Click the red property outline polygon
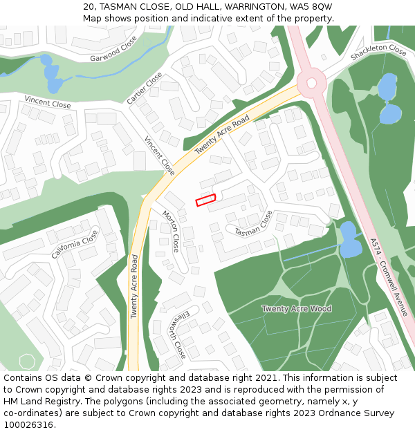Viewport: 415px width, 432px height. [205, 200]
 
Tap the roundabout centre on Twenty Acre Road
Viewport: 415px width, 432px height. [311, 83]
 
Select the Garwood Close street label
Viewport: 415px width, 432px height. [113, 50]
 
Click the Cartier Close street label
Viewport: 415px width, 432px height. [145, 88]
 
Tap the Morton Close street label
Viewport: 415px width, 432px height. [170, 232]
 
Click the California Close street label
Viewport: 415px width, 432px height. [75, 245]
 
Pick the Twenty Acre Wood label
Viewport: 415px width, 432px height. [296, 308]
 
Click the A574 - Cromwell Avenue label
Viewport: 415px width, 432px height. [389, 277]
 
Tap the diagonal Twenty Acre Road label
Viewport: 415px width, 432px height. [221, 135]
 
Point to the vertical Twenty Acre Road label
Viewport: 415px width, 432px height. [134, 286]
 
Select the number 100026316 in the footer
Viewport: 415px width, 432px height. [28, 425]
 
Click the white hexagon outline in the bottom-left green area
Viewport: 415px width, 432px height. [27, 361]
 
